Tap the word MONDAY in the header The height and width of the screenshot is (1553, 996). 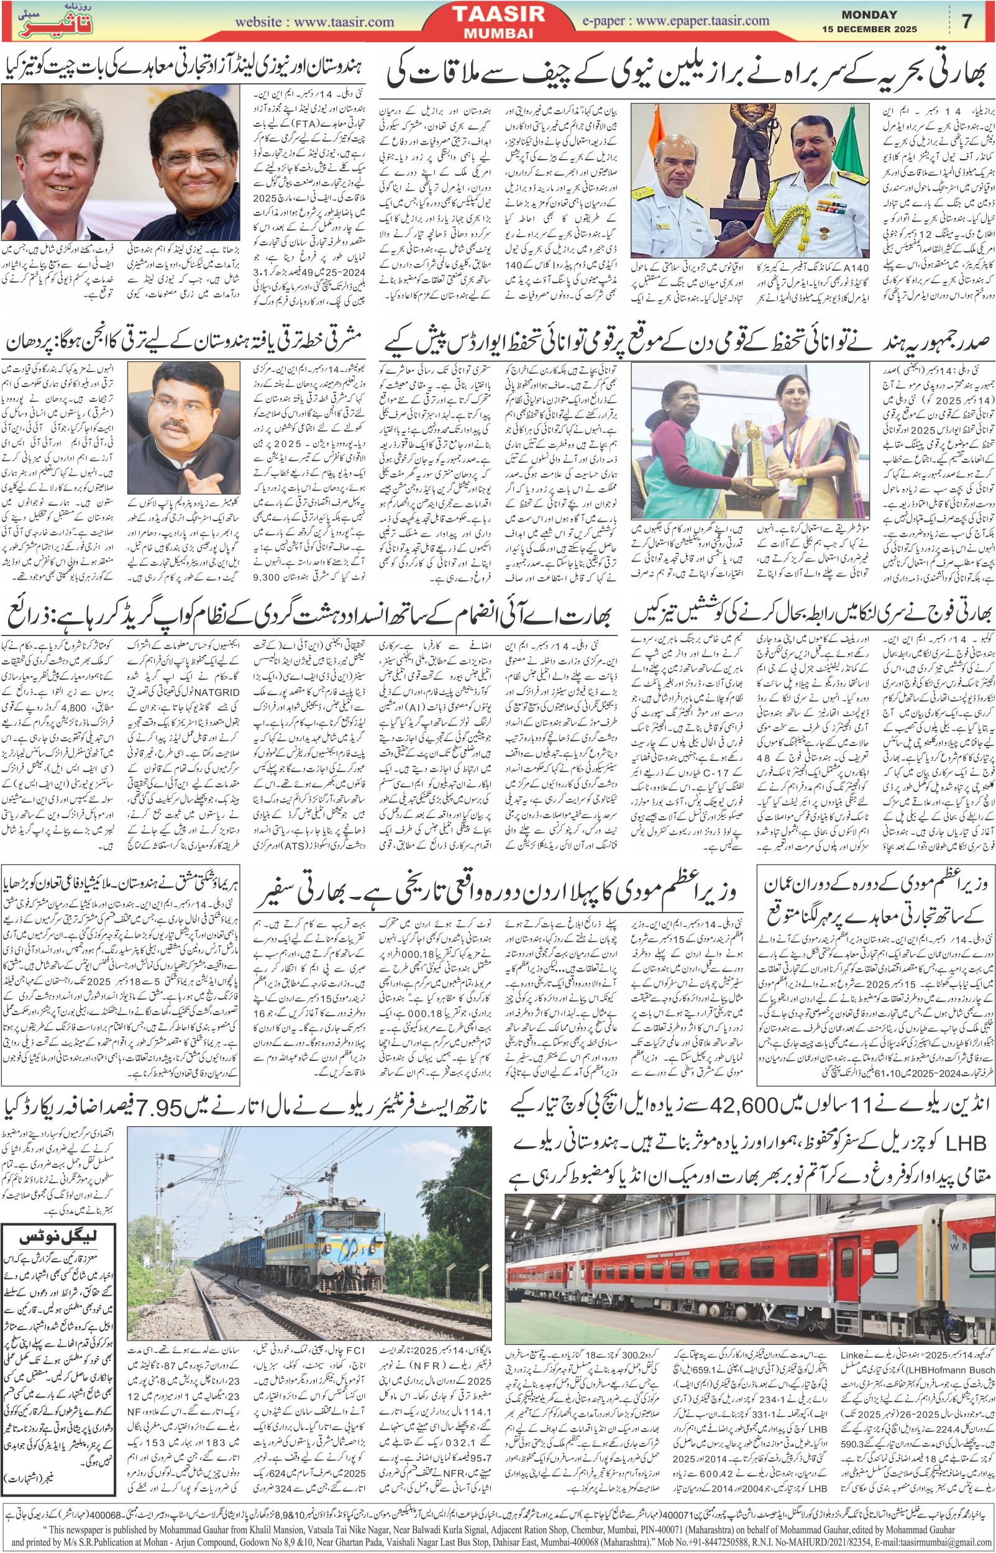(x=869, y=14)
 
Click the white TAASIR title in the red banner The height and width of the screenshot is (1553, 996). (x=499, y=14)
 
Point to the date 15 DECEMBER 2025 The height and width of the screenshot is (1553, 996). (x=869, y=29)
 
